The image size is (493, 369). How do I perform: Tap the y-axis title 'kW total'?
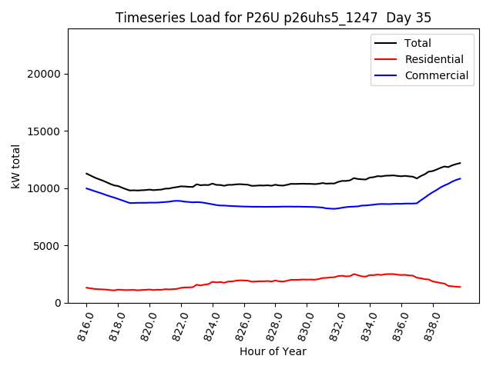click(x=16, y=166)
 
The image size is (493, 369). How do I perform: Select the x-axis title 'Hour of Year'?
click(x=273, y=351)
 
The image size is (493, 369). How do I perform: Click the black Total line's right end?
click(x=461, y=163)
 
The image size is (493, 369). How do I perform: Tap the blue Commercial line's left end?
click(x=86, y=188)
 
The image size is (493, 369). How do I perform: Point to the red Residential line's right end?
click(x=461, y=287)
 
